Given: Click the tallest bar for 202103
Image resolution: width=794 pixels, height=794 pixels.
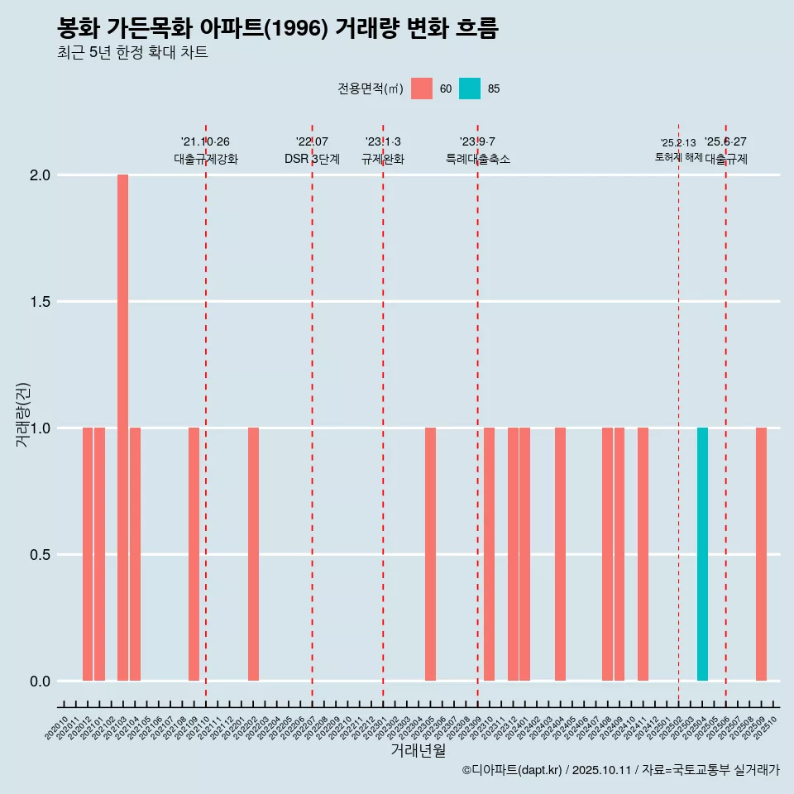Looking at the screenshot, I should [122, 428].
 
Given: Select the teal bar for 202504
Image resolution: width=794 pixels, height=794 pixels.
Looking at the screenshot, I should [702, 554].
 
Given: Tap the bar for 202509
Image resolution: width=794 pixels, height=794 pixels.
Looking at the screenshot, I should [761, 554].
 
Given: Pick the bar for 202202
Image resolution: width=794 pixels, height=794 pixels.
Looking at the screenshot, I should [253, 554].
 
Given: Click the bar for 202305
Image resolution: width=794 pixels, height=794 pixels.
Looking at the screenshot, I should [430, 554].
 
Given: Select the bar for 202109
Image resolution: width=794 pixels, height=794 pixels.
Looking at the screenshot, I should [194, 554].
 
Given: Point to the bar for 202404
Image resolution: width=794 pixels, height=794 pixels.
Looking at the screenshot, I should [560, 554].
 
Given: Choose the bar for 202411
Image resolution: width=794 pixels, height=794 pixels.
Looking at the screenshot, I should [643, 554].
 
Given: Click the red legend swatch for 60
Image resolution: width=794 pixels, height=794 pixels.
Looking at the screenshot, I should [422, 88].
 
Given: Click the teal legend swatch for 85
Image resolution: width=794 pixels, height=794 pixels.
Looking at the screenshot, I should [470, 88].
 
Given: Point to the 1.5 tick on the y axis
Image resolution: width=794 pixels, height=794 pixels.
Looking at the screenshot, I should [40, 302].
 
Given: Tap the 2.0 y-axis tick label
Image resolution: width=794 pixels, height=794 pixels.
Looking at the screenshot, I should [40, 175].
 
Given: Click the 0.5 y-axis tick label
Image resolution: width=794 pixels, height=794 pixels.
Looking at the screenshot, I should [40, 555].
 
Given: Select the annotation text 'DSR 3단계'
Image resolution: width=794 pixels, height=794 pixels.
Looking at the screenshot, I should [312, 159].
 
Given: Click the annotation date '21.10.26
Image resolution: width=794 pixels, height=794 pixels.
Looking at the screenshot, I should [205, 141].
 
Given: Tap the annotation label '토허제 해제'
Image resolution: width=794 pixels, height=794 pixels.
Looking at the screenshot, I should [678, 157].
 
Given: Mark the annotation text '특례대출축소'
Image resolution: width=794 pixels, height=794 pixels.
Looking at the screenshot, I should [477, 159].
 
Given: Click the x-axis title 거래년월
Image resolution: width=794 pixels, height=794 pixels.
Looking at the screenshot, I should [418, 750].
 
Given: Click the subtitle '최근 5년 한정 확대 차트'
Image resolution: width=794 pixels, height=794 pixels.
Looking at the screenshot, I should [132, 53].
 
